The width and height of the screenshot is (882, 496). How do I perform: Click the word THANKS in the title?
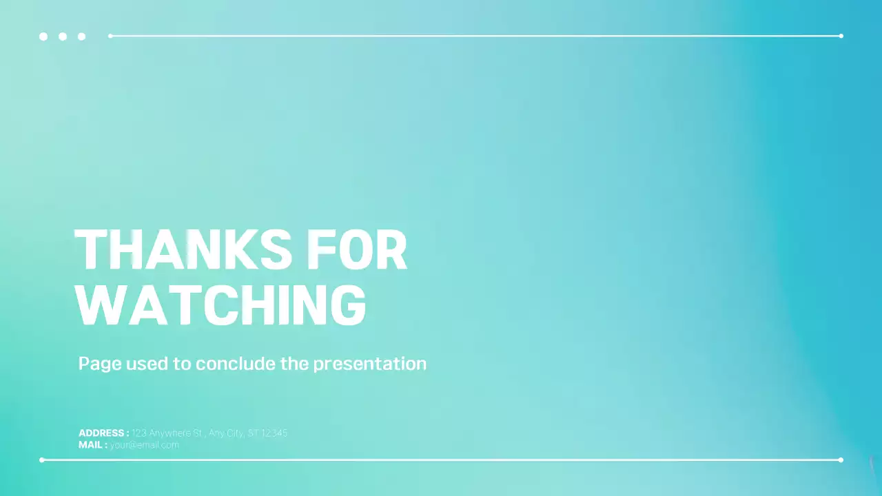(x=183, y=249)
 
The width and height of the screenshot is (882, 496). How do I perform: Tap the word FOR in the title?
(x=357, y=249)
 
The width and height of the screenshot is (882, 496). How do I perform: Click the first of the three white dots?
(x=43, y=37)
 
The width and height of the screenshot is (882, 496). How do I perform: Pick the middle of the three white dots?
(x=63, y=37)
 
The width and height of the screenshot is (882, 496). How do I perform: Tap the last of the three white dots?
(x=82, y=37)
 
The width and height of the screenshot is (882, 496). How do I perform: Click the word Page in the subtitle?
(x=100, y=364)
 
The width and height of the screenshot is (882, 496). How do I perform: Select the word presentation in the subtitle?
(x=369, y=364)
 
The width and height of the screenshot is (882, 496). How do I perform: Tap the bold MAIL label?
(x=92, y=445)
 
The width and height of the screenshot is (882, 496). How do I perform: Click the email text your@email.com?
(x=144, y=445)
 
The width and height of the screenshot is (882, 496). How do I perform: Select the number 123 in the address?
(x=139, y=433)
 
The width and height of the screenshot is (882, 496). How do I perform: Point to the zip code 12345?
(x=274, y=433)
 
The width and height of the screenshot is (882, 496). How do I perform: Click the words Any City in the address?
(x=225, y=433)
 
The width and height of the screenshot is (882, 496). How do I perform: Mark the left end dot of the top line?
(x=110, y=36)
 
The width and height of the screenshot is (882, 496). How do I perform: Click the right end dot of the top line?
(x=841, y=36)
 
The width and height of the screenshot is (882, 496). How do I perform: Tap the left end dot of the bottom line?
(x=42, y=459)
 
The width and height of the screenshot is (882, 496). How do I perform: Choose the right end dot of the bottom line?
(x=841, y=459)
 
